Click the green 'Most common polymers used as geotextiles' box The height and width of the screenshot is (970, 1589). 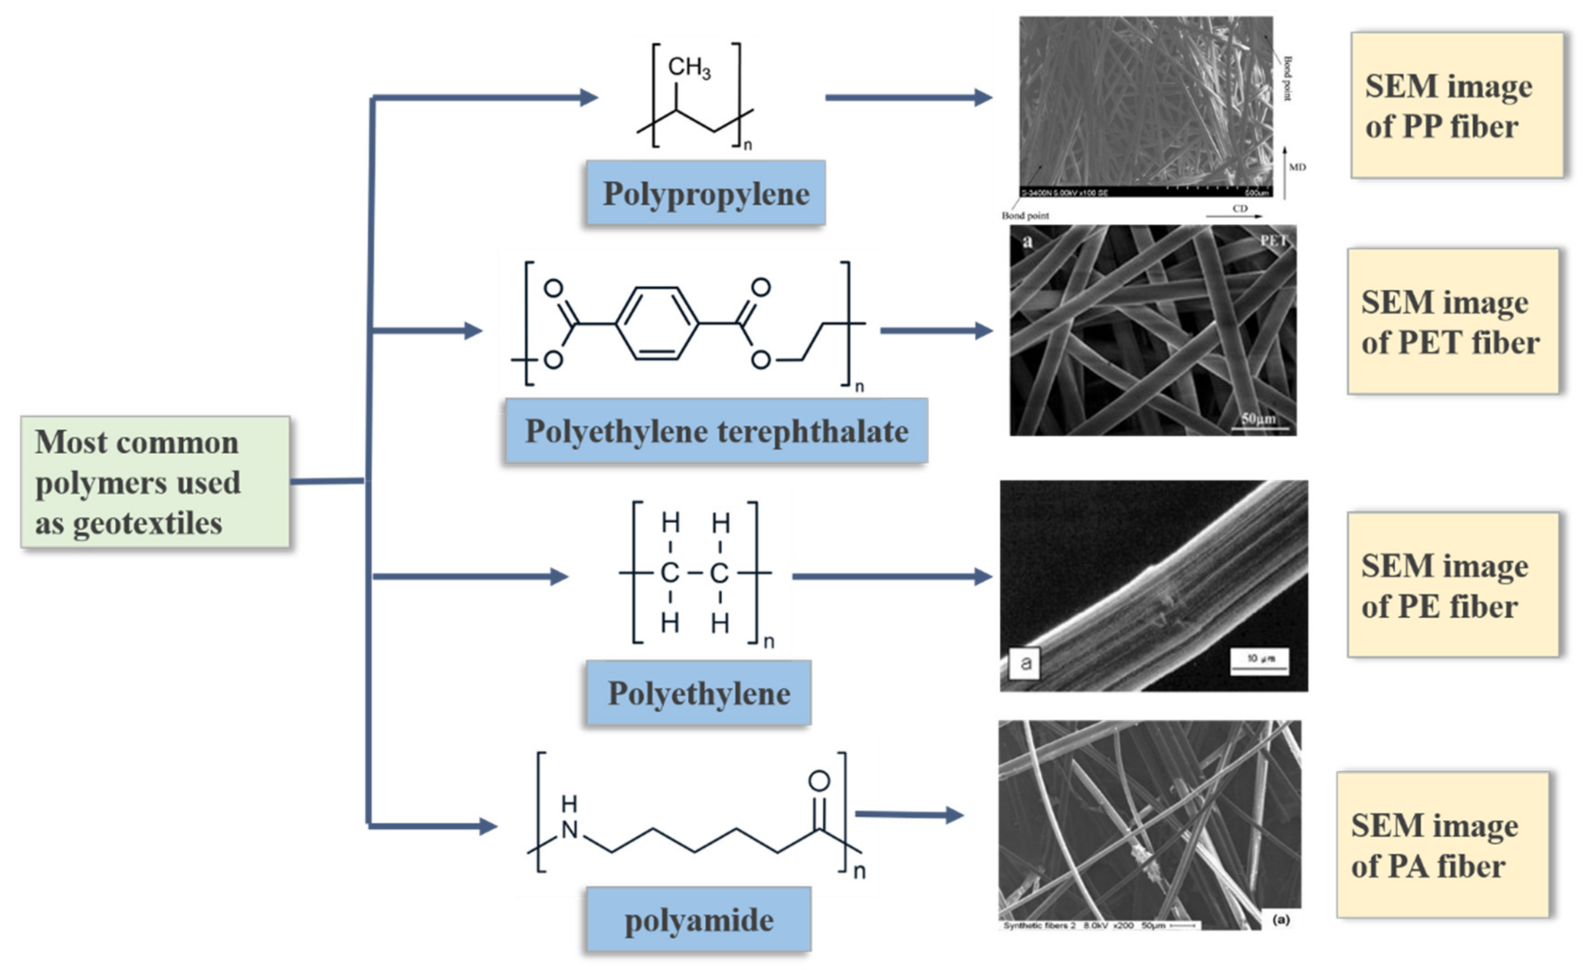[155, 482]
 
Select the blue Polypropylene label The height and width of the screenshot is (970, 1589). [706, 193]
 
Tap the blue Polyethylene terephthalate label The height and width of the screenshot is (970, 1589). [716, 430]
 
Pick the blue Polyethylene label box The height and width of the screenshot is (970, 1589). [698, 693]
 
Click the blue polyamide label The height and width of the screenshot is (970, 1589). [698, 920]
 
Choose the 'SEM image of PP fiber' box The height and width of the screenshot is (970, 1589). [1457, 105]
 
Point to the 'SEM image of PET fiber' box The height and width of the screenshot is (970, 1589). [1453, 322]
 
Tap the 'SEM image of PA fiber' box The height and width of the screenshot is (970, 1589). [1443, 845]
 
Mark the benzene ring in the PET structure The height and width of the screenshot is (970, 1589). [656, 323]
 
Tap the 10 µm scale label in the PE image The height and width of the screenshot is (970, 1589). [1259, 659]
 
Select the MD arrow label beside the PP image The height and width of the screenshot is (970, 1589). [1297, 167]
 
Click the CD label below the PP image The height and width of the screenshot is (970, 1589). [1239, 209]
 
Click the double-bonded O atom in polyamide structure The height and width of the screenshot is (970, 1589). [819, 781]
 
